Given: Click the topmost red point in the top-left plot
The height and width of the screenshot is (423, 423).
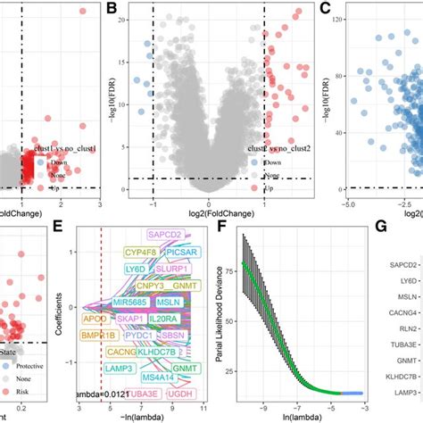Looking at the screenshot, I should click(x=83, y=12).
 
